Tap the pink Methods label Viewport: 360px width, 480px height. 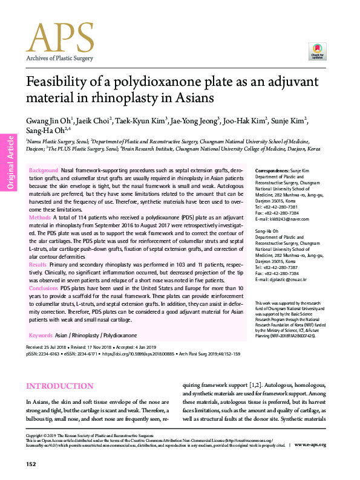(x=40, y=216)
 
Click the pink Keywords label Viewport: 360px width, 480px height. (x=41, y=335)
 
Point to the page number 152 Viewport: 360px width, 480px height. (x=31, y=464)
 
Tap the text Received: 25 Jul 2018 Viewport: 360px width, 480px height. (x=50, y=348)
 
